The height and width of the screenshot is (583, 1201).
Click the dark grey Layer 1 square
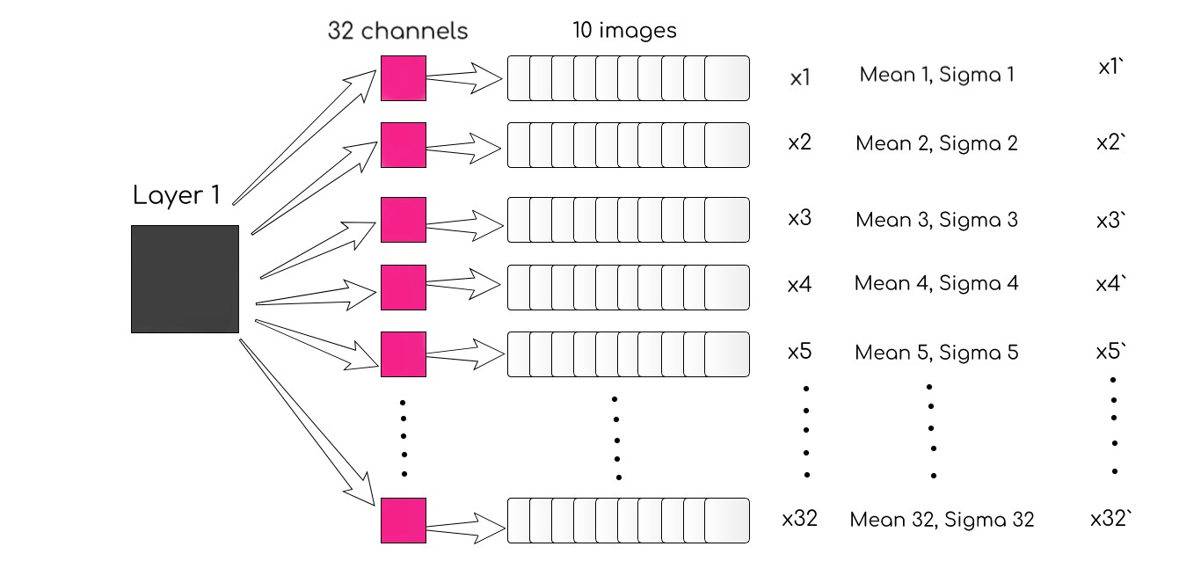tap(185, 279)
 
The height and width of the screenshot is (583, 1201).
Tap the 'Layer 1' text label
tap(177, 195)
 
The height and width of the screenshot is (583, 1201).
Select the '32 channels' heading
tap(397, 31)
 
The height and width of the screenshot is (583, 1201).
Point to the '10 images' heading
tap(624, 31)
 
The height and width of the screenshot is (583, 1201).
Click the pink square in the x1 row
tap(403, 78)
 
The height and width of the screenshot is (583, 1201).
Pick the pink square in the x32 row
tap(403, 521)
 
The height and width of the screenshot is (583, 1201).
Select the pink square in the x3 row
tap(403, 219)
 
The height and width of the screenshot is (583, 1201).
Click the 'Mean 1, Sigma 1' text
tap(936, 75)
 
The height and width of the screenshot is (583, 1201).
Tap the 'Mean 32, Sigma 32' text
tap(942, 520)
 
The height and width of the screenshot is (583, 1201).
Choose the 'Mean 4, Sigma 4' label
tap(936, 283)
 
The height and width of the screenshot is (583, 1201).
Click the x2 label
tap(799, 142)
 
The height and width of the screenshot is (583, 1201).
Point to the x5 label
tap(799, 352)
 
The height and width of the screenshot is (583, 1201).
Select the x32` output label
tap(1110, 519)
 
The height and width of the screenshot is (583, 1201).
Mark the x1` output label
tap(1112, 67)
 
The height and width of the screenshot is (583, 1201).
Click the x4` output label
tap(1110, 284)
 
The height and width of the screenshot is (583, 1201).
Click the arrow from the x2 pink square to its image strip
tap(463, 144)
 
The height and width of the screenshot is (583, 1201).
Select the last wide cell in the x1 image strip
tap(726, 78)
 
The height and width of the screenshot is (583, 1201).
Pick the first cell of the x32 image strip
tap(518, 521)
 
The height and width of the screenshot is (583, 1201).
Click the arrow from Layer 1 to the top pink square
tap(303, 132)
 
